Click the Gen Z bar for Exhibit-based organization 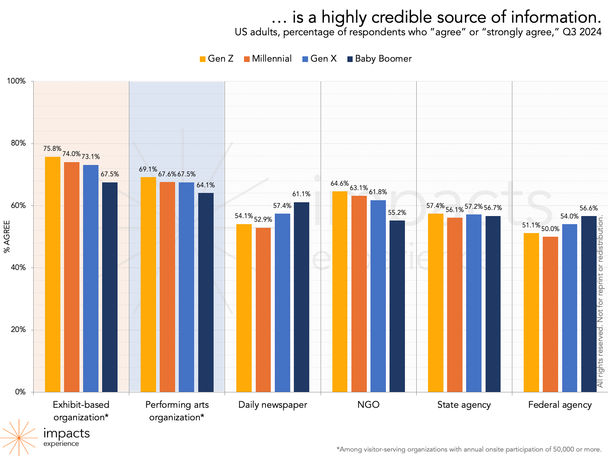tap(53, 274)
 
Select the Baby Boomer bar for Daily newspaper tap(302, 297)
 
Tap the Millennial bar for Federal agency tap(550, 314)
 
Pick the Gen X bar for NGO tap(378, 296)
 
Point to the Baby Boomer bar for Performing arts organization tap(206, 292)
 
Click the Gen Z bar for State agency tap(436, 302)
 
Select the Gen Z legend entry tap(217, 59)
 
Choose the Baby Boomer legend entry tap(379, 59)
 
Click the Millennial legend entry tap(268, 59)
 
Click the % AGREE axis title tap(7, 237)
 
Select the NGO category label tap(368, 405)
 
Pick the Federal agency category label tap(560, 405)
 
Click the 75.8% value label tap(52, 149)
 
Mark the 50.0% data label tap(550, 229)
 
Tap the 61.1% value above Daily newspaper tap(301, 194)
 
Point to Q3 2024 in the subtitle tap(582, 32)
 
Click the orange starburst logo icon tap(18, 437)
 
